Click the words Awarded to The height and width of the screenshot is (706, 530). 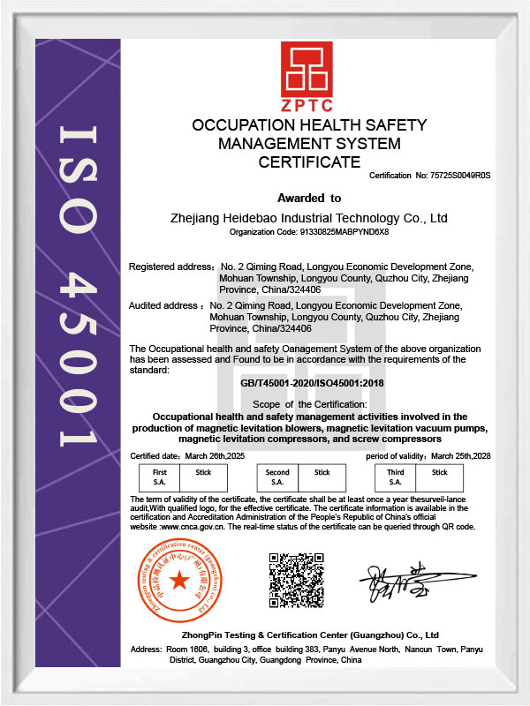click(x=309, y=198)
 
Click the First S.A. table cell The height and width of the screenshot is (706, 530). click(x=160, y=477)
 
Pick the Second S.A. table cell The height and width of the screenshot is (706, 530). click(x=277, y=477)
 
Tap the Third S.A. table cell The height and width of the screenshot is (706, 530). click(x=396, y=477)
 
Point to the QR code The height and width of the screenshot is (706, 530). click(x=297, y=580)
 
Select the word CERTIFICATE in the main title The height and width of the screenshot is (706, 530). click(x=309, y=162)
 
